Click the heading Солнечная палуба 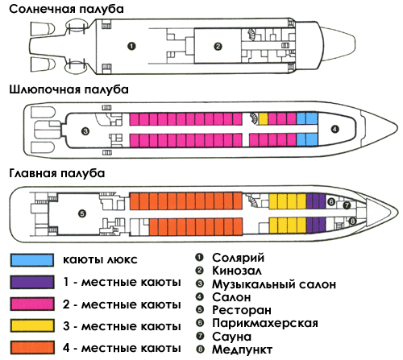pos(66,9)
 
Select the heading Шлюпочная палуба pos(69,89)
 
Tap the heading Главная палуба pos(57,173)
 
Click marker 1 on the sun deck pos(131,46)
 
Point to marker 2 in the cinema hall pos(218,47)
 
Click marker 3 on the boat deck pos(85,131)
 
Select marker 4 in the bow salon pos(334,130)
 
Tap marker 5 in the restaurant pos(82,214)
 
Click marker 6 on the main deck pos(331,201)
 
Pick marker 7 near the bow pos(347,205)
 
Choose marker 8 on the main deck pos(352,221)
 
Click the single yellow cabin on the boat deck pos(263,118)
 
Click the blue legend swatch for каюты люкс pos(32,260)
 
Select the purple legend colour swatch pos(32,282)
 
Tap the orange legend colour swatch pos(32,348)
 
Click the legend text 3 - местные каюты pos(122,326)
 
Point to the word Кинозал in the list pos(237,271)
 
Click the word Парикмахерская pos(265,323)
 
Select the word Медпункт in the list pos(242,350)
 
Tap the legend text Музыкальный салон pos(274,284)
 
